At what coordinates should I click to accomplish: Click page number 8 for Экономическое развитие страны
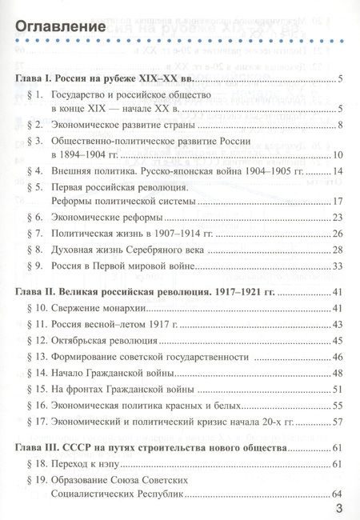339,125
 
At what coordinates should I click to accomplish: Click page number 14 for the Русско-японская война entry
337,171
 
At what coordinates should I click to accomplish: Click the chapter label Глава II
39,293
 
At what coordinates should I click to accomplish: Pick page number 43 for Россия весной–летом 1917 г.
337,324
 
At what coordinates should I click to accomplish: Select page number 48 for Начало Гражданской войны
337,372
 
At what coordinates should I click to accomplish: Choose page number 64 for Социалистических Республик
337,493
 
